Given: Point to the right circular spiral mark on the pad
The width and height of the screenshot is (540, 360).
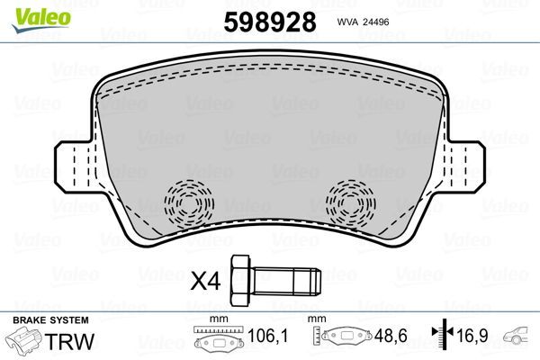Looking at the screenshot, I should [x=352, y=203].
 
